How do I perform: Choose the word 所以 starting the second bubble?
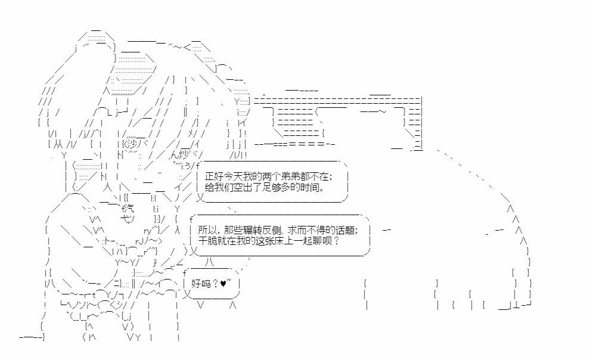point(204,230)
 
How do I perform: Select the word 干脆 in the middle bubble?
point(204,241)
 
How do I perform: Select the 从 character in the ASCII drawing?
point(55,144)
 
